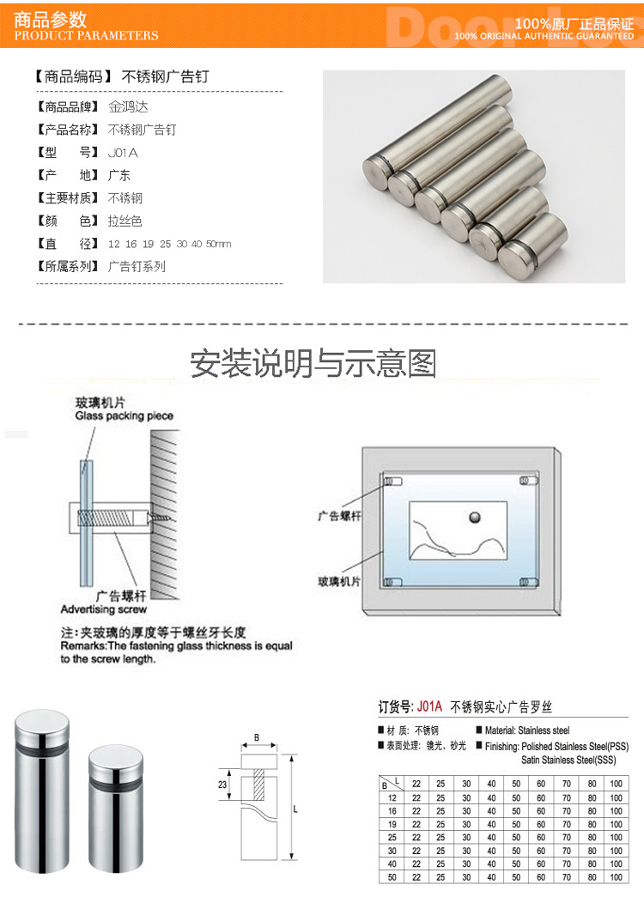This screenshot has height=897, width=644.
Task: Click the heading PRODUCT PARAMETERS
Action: point(87,35)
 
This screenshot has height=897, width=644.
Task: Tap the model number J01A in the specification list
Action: point(122,153)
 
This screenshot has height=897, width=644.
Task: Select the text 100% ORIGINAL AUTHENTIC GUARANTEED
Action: point(544,36)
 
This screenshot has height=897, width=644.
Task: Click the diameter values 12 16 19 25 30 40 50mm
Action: point(169,244)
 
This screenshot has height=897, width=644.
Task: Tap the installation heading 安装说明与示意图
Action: point(313,364)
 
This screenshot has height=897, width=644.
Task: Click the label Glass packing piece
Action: point(124,415)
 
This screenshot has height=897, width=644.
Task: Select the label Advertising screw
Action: point(103,609)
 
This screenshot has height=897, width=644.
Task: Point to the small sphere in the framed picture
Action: point(474,518)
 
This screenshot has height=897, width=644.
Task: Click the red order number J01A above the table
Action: point(429,707)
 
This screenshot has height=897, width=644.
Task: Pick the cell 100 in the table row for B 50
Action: point(615,877)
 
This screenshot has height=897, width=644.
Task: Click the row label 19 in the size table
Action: point(392,823)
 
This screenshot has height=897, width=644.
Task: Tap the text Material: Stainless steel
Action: point(526,730)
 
